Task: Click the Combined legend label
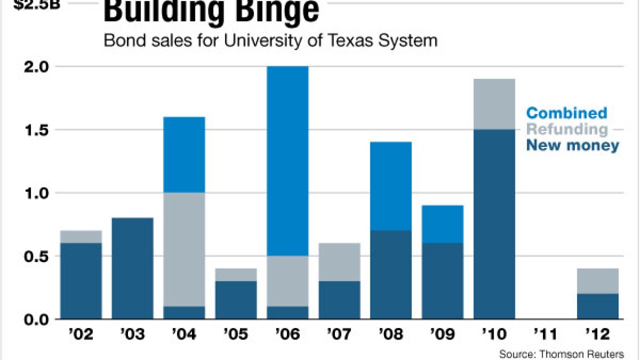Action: tap(566, 113)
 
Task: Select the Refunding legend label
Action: tap(567, 129)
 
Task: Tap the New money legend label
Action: tap(572, 146)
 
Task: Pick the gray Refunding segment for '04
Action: tap(184, 249)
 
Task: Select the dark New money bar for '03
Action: tap(132, 268)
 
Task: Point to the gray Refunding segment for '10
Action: tap(494, 104)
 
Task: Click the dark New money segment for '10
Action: tap(494, 224)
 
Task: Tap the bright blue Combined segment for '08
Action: tap(390, 186)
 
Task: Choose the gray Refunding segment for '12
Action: tap(597, 281)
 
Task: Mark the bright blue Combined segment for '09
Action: tap(442, 224)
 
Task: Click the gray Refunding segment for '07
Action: tap(339, 262)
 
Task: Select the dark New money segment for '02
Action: tap(80, 281)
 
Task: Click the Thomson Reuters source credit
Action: tap(561, 354)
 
